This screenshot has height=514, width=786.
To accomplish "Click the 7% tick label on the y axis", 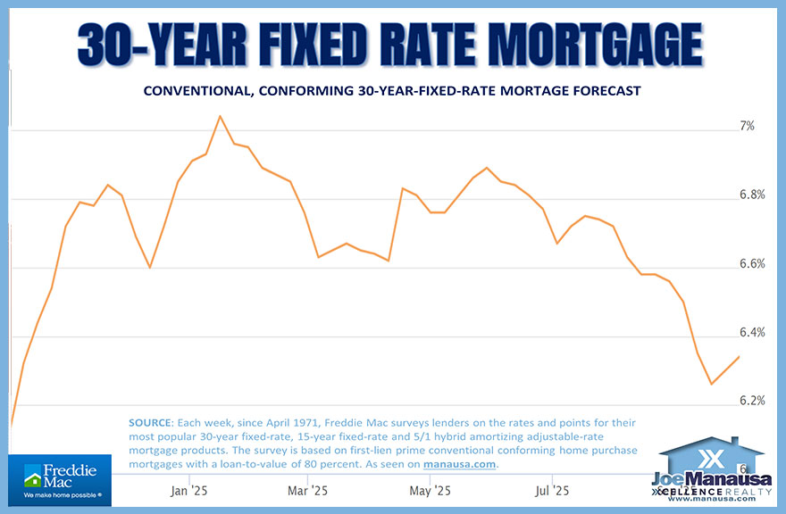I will (746, 127).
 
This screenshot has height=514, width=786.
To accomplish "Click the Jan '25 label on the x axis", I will (188, 490).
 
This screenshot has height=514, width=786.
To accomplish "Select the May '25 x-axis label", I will (431, 490).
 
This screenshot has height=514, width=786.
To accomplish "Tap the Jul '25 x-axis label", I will (551, 490).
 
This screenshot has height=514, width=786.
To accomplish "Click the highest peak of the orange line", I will (220, 116).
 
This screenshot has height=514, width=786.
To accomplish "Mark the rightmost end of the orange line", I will (739, 357).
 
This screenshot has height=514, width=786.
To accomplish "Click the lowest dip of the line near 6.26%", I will (712, 385).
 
